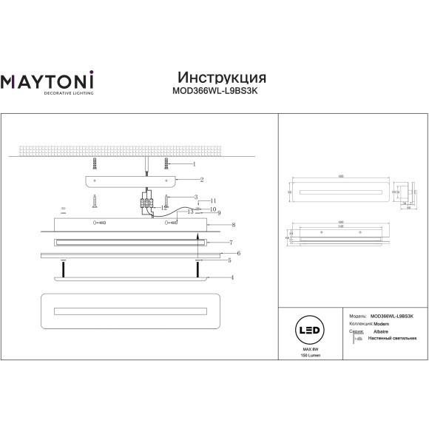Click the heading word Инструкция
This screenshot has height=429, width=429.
(222, 78)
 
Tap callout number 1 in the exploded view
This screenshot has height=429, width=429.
(193, 163)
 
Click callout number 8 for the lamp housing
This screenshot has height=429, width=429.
(233, 224)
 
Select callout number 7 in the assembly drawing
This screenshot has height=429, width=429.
(231, 243)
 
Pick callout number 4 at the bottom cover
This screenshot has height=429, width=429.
(232, 277)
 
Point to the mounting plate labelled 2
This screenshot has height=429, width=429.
(130, 179)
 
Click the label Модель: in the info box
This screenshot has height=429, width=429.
(357, 315)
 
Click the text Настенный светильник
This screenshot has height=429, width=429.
(390, 339)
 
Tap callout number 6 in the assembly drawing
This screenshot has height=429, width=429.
(239, 253)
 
